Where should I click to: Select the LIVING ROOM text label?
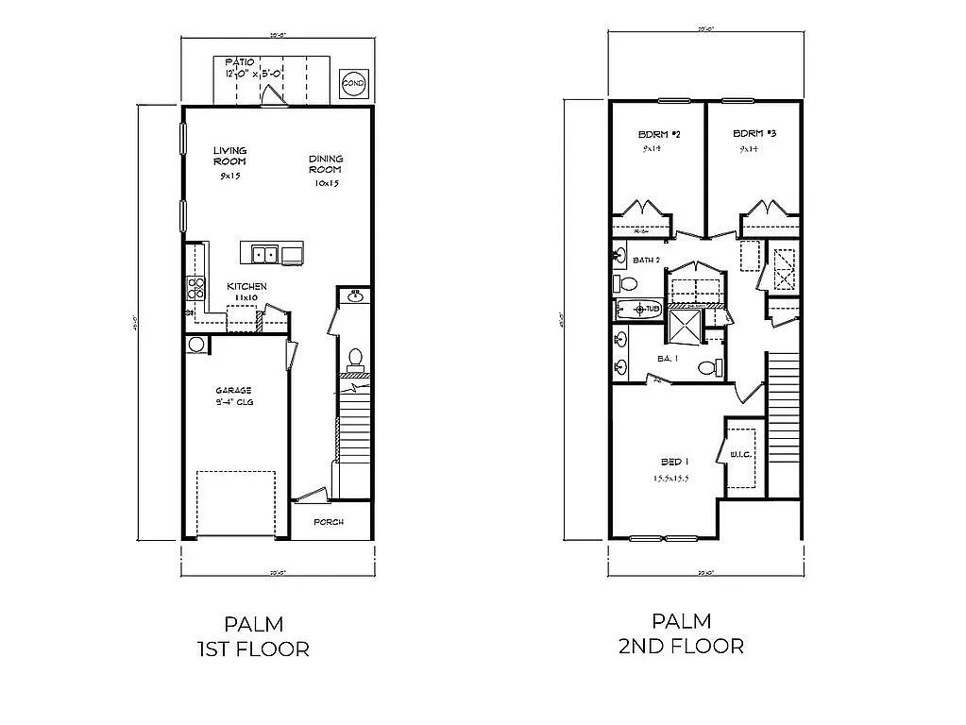(x=229, y=156)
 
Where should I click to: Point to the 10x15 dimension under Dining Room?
(x=327, y=184)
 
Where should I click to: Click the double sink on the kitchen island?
(x=263, y=254)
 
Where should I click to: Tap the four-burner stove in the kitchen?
(x=197, y=288)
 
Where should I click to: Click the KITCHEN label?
(x=246, y=286)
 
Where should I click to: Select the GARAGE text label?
(x=232, y=389)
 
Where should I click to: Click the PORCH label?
(x=328, y=522)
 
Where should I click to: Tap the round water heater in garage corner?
(x=196, y=344)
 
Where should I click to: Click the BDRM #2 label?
(x=659, y=134)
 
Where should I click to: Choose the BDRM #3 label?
(x=754, y=134)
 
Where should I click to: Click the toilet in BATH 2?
(x=625, y=283)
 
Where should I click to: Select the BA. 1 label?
(x=669, y=358)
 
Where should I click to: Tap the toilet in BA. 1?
(x=709, y=367)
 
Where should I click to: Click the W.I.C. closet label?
(x=739, y=455)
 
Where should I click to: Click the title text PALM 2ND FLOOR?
(x=680, y=633)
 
